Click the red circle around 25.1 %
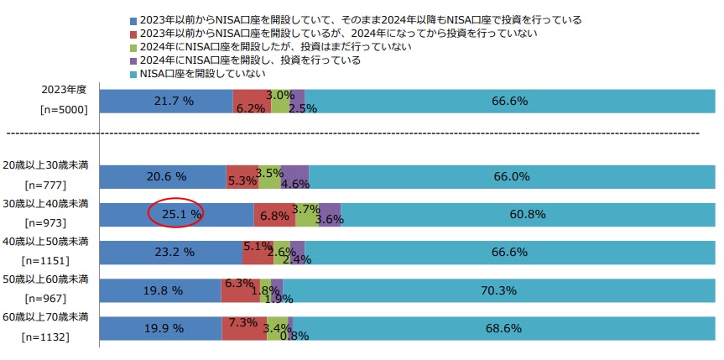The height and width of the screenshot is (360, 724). tap(175, 214)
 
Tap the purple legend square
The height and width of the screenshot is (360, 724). tap(132, 60)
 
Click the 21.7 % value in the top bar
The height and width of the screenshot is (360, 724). tap(174, 101)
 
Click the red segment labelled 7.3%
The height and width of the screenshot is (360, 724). tap(242, 328)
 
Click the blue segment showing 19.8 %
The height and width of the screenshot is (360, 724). tap(160, 290)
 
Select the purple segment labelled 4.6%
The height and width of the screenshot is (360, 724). tap(294, 176)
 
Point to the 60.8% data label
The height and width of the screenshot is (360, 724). tap(528, 214)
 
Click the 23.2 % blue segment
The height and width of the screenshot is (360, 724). tap(170, 252)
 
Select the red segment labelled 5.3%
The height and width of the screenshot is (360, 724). tap(242, 176)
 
